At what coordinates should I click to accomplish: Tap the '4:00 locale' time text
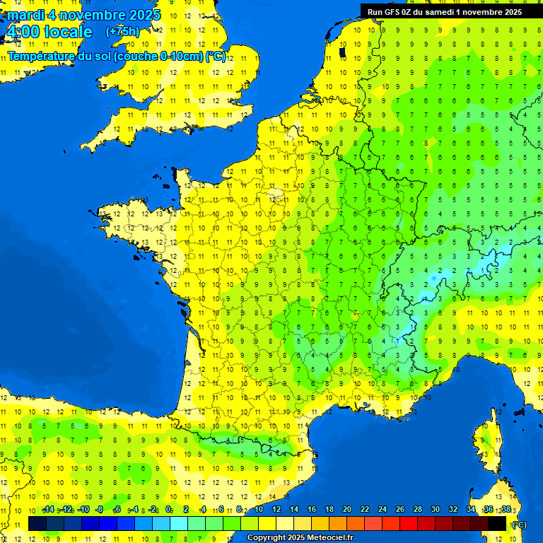pyautogui.click(x=49, y=32)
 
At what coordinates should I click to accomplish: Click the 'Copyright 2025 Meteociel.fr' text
pyautogui.click(x=300, y=538)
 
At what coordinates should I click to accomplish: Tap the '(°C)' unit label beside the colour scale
pyautogui.click(x=519, y=525)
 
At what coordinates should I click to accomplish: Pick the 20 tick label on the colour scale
pyautogui.click(x=347, y=510)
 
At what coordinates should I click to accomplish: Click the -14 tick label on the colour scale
pyautogui.click(x=48, y=510)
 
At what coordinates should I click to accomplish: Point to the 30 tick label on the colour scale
pyautogui.click(x=435, y=510)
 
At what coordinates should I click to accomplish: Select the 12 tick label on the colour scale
pyautogui.click(x=276, y=510)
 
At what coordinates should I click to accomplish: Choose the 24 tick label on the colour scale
pyautogui.click(x=383, y=510)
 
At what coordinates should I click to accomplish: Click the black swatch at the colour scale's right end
pyautogui.click(x=497, y=523)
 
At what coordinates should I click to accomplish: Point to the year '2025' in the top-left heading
pyautogui.click(x=145, y=15)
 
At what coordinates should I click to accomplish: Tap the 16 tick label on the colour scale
pyautogui.click(x=312, y=510)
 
